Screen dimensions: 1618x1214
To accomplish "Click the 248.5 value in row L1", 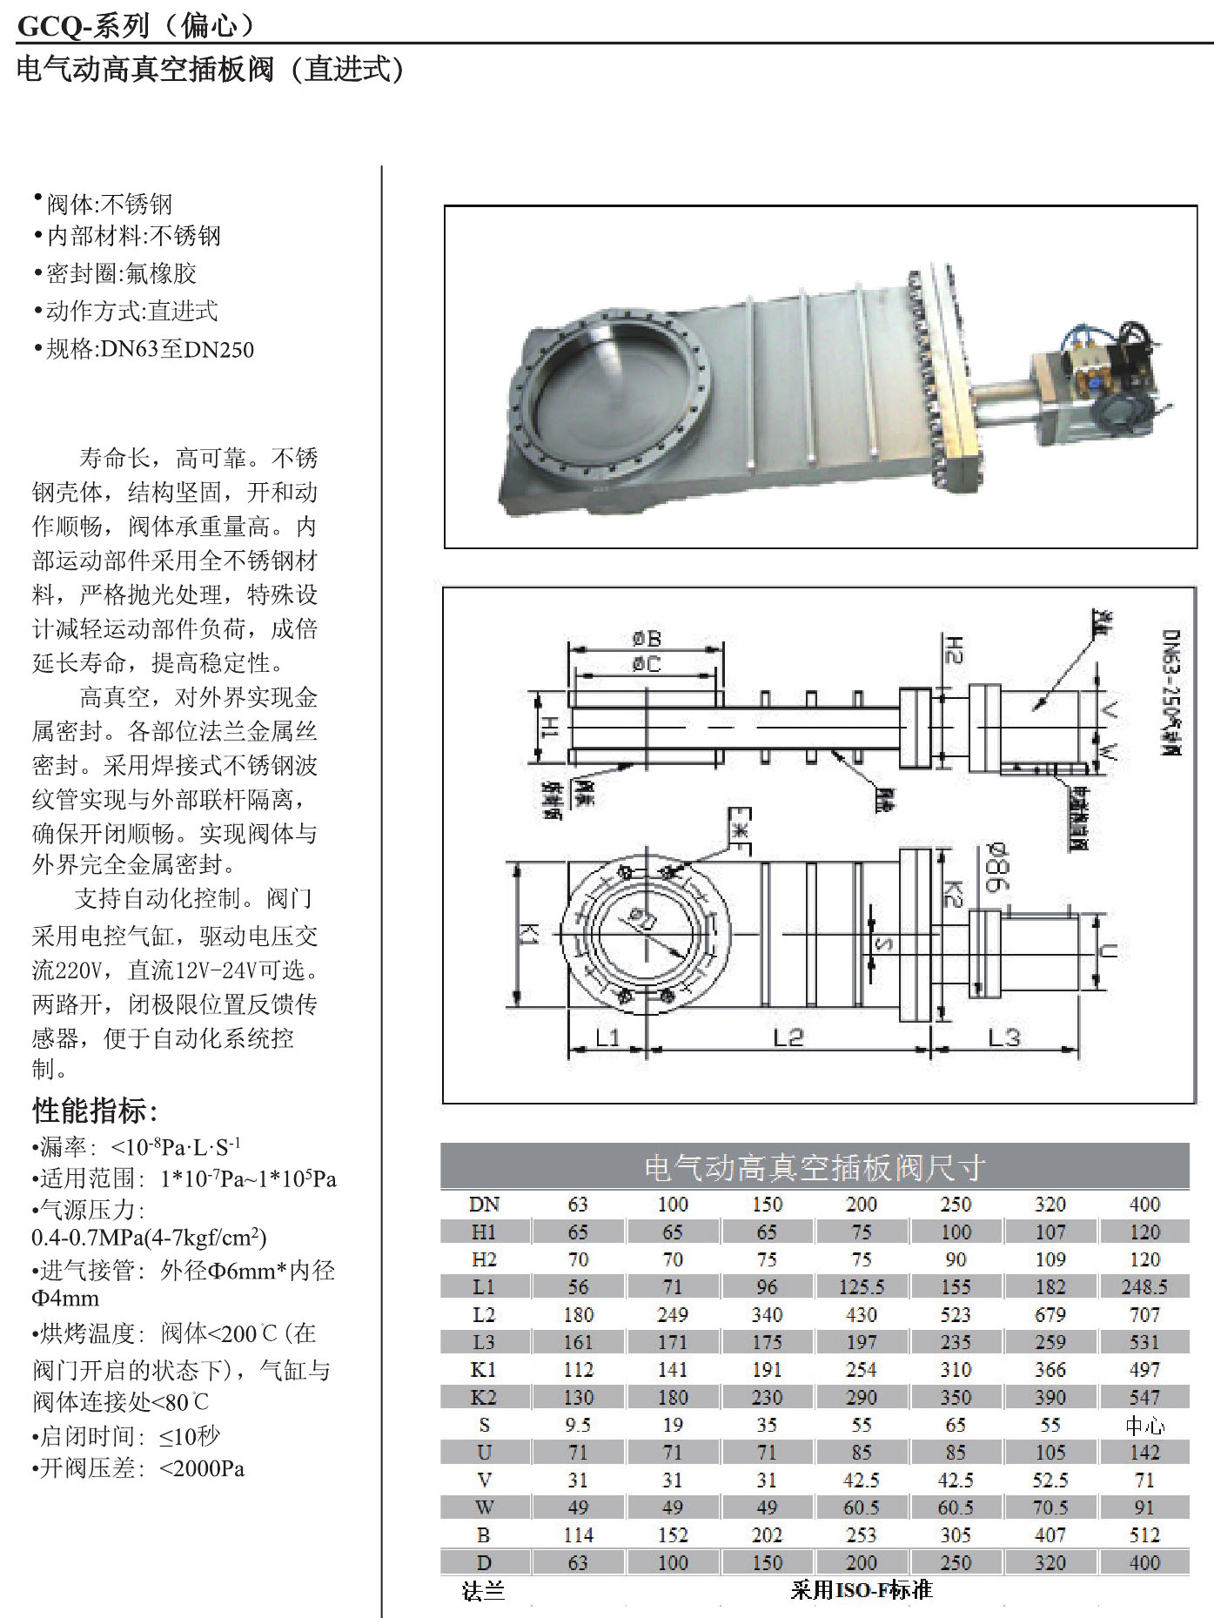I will (x=1144, y=1286).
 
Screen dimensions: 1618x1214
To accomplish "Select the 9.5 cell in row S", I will (x=578, y=1425).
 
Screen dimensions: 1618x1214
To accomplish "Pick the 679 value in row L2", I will (x=1050, y=1314).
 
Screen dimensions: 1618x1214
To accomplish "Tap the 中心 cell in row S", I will (x=1144, y=1425).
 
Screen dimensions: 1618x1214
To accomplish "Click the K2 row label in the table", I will (x=484, y=1397).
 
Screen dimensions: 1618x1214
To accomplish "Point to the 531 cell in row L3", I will (x=1144, y=1342).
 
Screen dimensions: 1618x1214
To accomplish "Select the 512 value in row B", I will (x=1144, y=1535).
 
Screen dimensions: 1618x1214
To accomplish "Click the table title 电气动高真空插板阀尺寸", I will (x=815, y=1167).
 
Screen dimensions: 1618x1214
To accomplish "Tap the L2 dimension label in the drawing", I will (x=788, y=1037).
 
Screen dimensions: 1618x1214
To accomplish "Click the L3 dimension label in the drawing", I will (x=1003, y=1037).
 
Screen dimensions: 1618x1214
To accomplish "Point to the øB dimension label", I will (x=647, y=640).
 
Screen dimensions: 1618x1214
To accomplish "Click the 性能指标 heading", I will (x=95, y=1111).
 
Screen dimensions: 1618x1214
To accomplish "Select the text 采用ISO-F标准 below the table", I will (x=861, y=1590).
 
